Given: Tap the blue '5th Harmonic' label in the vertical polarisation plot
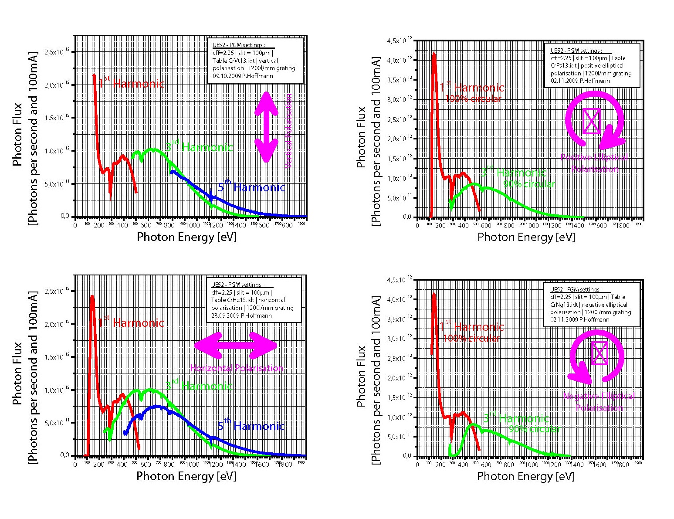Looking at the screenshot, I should click(x=251, y=187).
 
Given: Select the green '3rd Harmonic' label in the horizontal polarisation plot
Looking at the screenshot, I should click(x=199, y=386).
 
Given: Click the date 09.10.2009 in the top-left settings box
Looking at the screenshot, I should click(x=227, y=76).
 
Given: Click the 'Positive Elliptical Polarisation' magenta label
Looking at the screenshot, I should click(x=594, y=163).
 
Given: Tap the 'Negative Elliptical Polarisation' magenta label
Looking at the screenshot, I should click(x=599, y=402).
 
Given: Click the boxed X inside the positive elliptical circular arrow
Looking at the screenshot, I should click(x=592, y=121).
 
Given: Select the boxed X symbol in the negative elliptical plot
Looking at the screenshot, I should click(x=599, y=353).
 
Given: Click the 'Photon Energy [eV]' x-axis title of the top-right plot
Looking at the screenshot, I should click(x=526, y=237).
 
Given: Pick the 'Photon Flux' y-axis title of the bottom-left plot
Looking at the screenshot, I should click(x=17, y=373).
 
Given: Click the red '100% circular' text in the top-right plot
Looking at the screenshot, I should click(x=473, y=98).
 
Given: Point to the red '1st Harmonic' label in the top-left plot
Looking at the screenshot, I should click(x=131, y=83).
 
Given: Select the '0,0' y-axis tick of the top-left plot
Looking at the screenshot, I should click(x=64, y=216).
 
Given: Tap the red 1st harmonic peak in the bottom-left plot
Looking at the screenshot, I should click(x=92, y=297).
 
